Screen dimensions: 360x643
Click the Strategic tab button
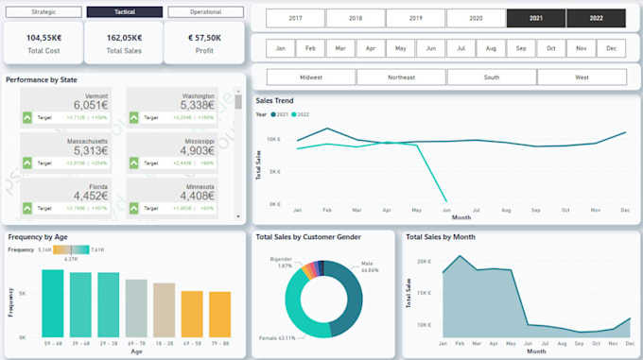43,12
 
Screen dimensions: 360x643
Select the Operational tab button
205,12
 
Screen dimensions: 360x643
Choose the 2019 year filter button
415,18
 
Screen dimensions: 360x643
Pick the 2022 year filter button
596,18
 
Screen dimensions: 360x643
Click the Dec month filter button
611,47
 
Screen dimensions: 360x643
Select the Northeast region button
401,77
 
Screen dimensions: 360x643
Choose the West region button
581,77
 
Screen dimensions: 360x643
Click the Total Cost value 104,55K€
43,38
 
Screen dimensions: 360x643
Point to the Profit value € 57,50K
204,38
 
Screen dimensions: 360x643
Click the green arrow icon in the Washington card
133,117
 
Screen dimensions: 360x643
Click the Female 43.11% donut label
279,337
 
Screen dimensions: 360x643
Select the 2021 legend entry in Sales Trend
281,114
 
